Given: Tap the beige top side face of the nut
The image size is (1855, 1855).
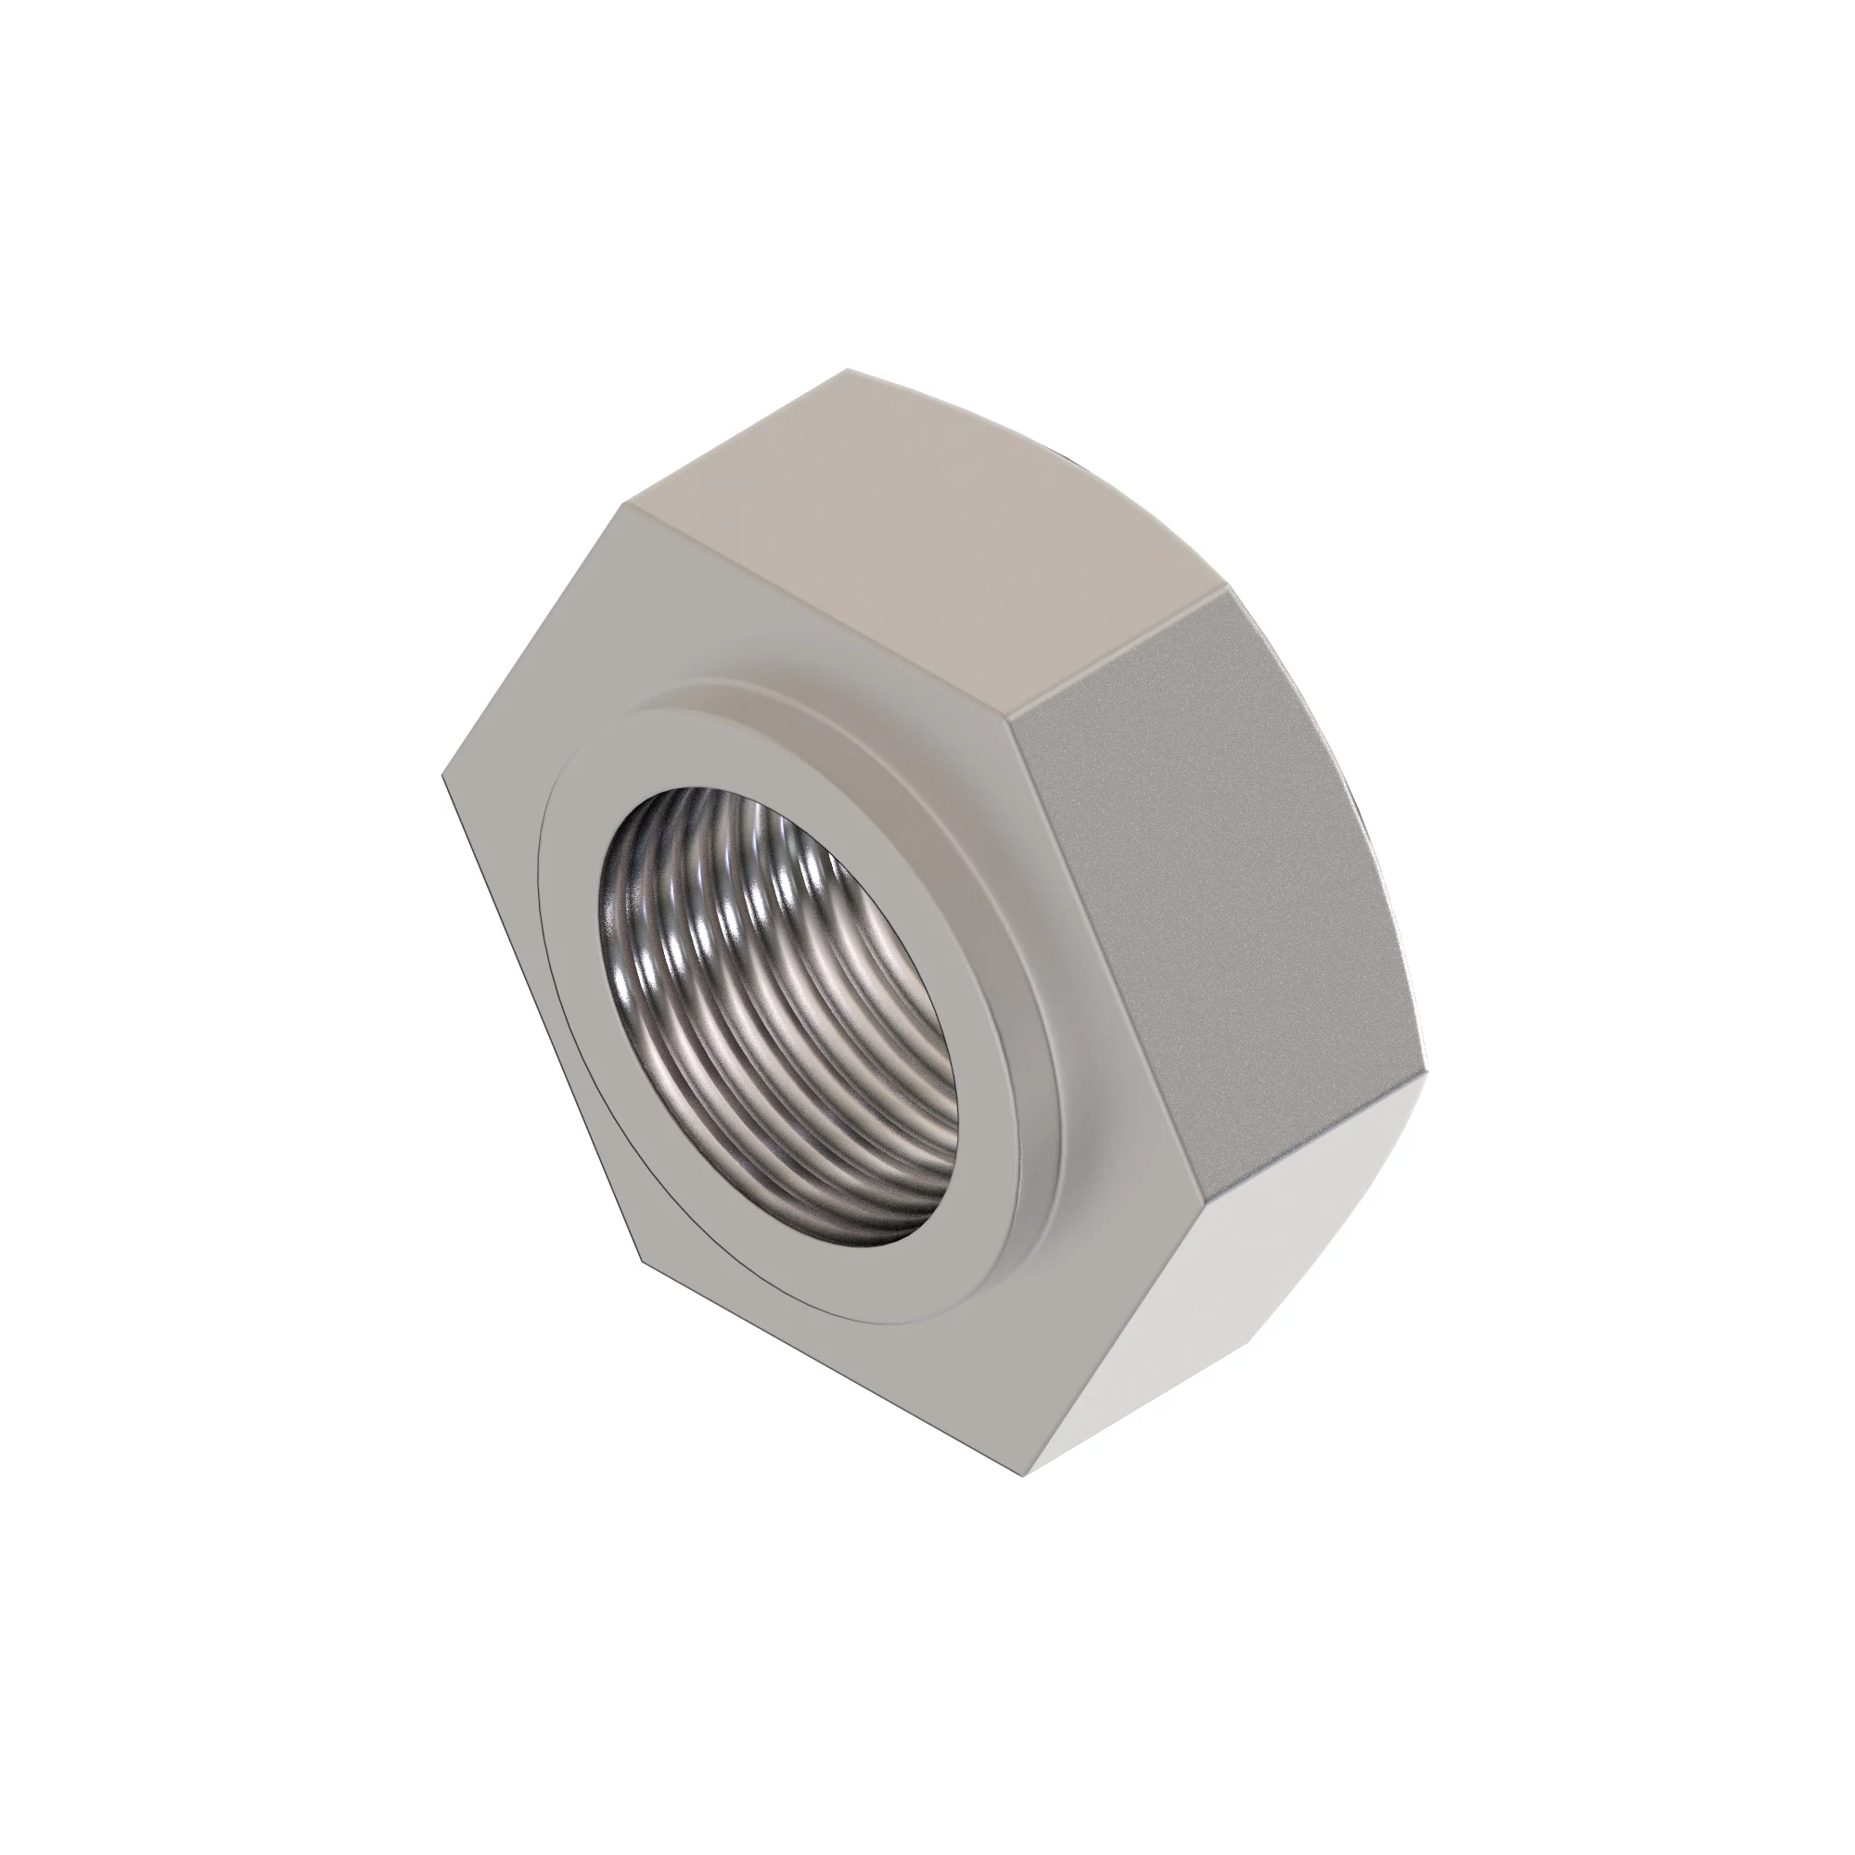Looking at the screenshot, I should [922, 538].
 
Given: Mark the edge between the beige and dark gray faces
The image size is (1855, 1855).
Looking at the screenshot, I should [1119, 648].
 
